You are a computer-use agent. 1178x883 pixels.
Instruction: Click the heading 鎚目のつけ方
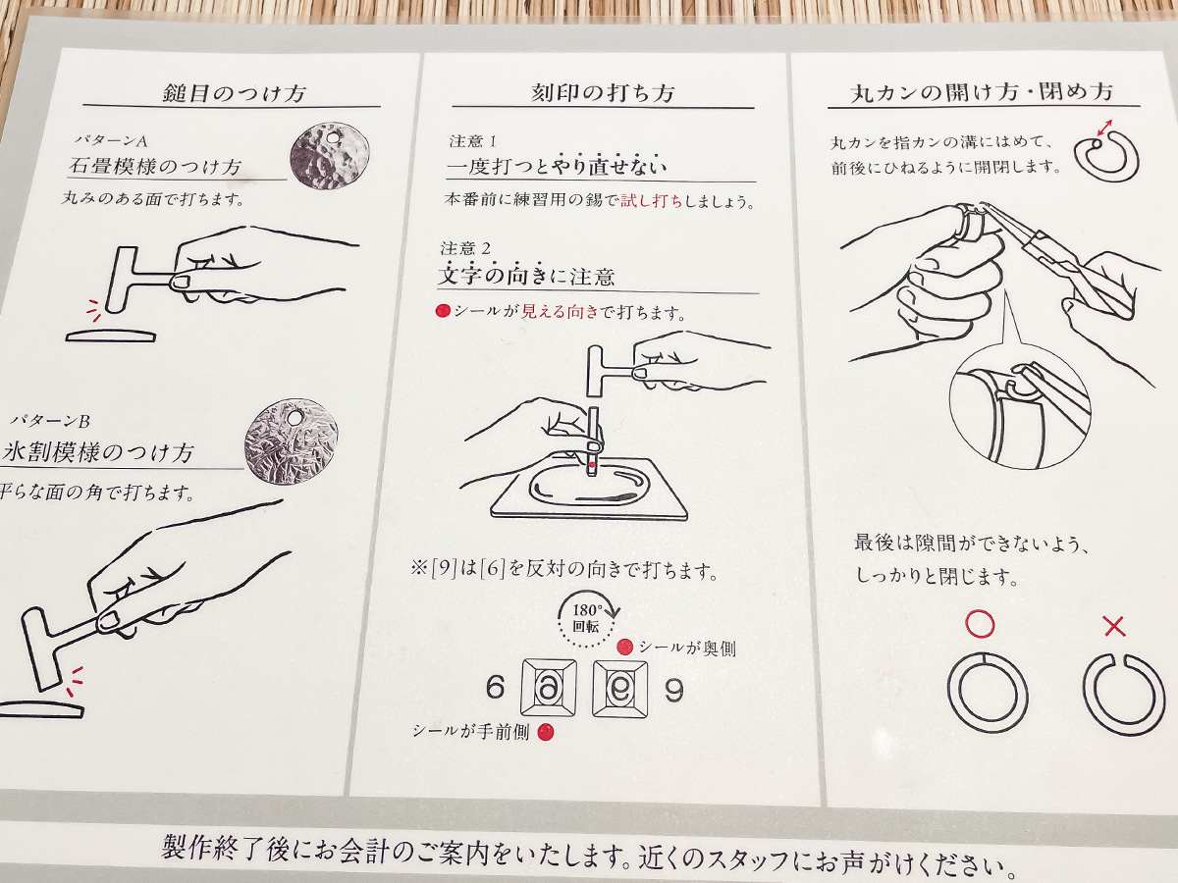[x=233, y=94]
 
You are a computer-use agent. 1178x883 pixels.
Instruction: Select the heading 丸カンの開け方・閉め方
[x=982, y=93]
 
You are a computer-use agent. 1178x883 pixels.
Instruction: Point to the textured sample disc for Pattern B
[x=291, y=441]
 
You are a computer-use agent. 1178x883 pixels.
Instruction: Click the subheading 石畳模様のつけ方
[x=155, y=166]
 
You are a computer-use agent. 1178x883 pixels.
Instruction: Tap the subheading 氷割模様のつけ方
[x=98, y=453]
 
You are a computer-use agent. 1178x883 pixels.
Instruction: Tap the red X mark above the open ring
[x=1114, y=624]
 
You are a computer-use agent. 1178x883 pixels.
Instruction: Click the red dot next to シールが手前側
[x=547, y=732]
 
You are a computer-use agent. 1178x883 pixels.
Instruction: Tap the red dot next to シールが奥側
[x=624, y=649]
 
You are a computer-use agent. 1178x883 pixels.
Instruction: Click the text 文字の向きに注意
[x=526, y=277]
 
